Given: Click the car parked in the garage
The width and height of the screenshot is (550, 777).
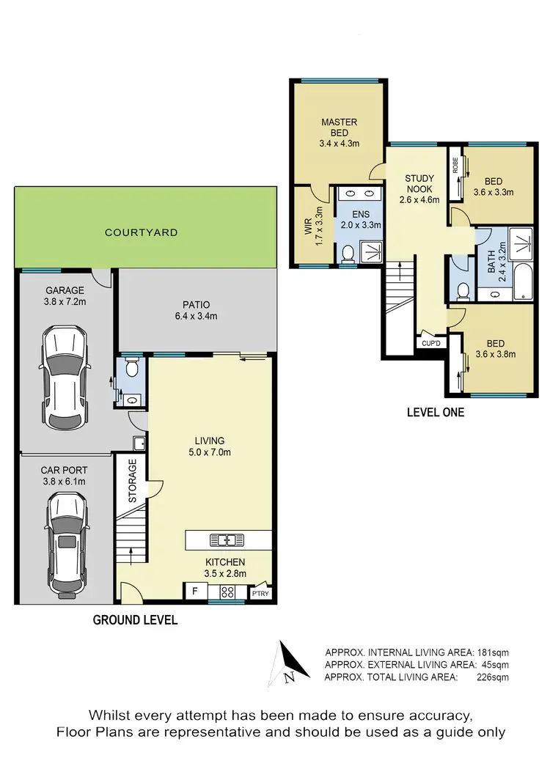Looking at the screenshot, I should (66, 378).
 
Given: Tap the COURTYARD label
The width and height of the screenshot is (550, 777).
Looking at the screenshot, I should (142, 232).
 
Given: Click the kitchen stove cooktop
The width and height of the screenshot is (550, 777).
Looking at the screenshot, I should (227, 592).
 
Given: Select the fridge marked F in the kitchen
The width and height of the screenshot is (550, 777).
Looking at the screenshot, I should (195, 591).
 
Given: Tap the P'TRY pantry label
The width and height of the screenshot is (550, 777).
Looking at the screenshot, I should (260, 594).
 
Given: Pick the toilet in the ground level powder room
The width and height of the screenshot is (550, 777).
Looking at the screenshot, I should (131, 368).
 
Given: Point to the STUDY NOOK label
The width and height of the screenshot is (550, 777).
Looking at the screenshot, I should (419, 188).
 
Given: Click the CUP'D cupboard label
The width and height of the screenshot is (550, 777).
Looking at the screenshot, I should (430, 342).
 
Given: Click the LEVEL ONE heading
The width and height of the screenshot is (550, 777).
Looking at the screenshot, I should (436, 412).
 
